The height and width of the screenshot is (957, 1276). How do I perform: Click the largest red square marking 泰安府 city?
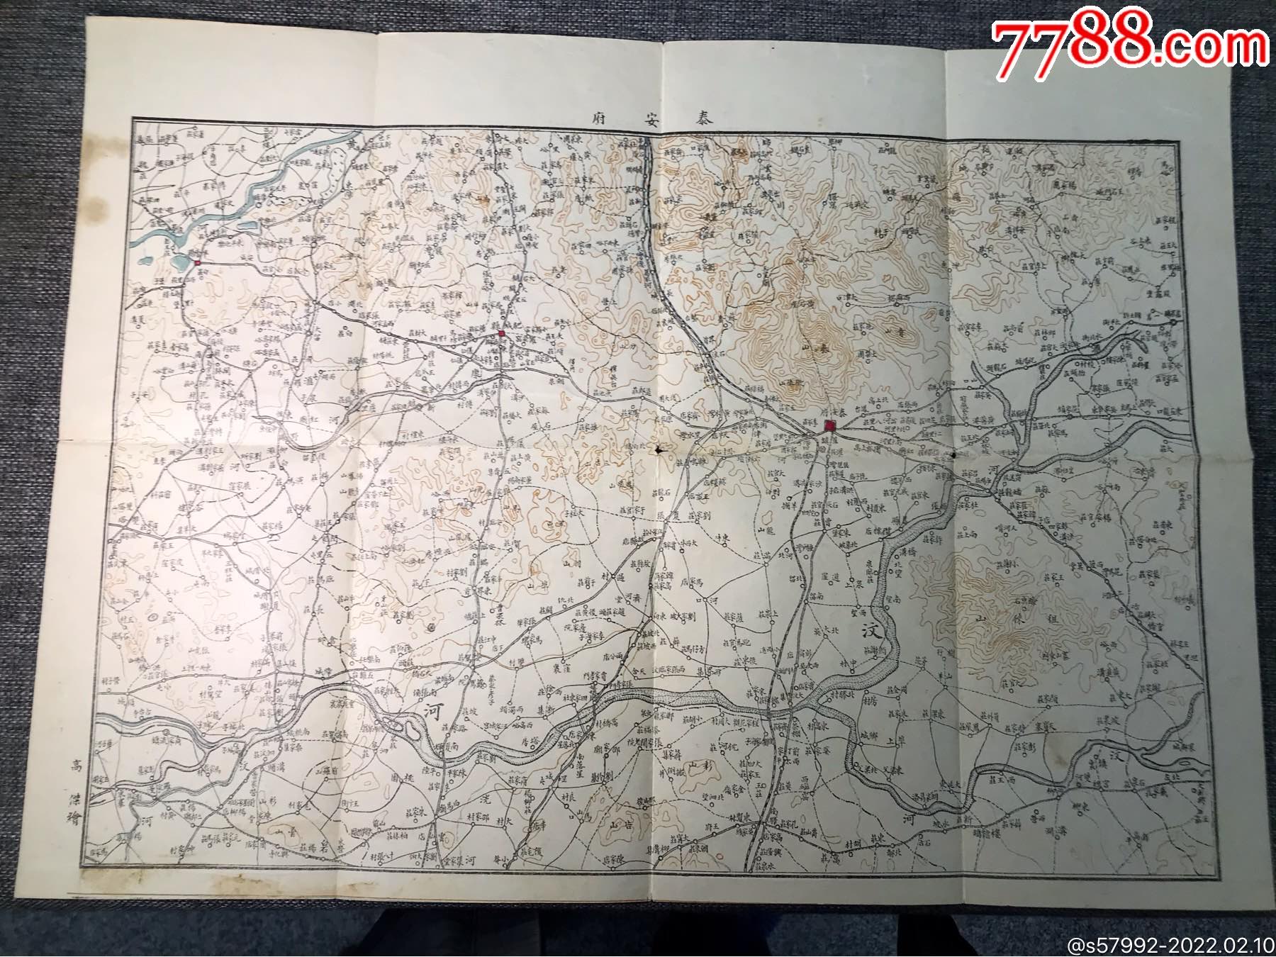coord(830,426)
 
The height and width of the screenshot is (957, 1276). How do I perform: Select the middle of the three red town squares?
coord(502,333)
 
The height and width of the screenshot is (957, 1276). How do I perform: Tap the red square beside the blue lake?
coord(198,262)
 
